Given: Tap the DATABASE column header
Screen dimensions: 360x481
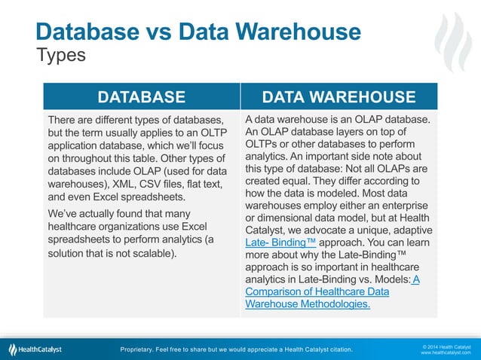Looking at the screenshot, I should [142, 96].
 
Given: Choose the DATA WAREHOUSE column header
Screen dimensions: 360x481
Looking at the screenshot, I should [338, 96].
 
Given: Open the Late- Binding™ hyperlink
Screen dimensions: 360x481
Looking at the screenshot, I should [280, 243].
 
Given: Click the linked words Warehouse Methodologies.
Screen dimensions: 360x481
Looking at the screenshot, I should [308, 304].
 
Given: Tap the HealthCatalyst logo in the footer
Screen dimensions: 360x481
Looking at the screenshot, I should [35, 349].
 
